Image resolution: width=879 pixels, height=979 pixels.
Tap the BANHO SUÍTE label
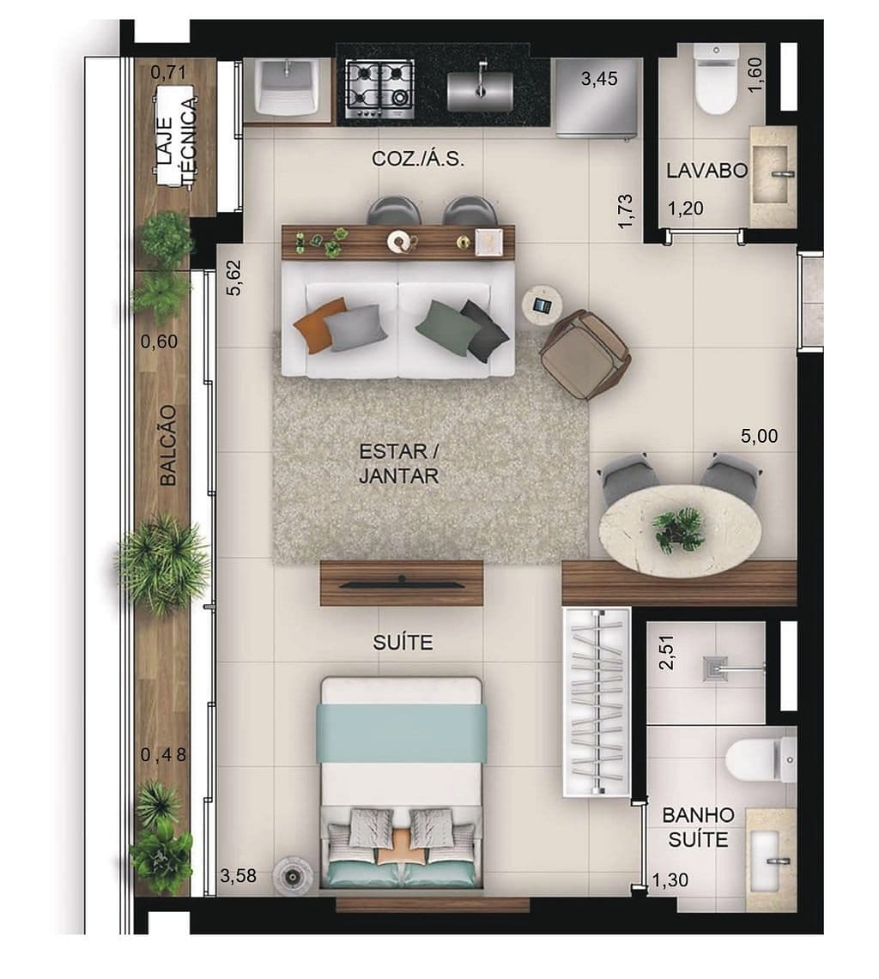pyautogui.click(x=697, y=826)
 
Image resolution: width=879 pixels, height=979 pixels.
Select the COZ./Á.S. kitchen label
pyautogui.click(x=418, y=159)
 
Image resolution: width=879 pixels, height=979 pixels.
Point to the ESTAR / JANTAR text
pyautogui.click(x=398, y=463)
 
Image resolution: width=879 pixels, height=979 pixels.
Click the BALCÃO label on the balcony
pyautogui.click(x=168, y=445)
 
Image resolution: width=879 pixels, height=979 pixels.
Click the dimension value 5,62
pyautogui.click(x=233, y=279)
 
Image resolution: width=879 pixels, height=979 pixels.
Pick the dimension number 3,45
pyautogui.click(x=598, y=80)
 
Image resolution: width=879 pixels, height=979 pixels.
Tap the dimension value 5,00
pyautogui.click(x=759, y=436)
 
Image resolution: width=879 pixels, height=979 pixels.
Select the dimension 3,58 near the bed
pyautogui.click(x=238, y=876)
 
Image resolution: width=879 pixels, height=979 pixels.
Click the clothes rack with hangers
pyautogui.click(x=597, y=702)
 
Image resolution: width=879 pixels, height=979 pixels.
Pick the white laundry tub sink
pyautogui.click(x=288, y=87)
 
